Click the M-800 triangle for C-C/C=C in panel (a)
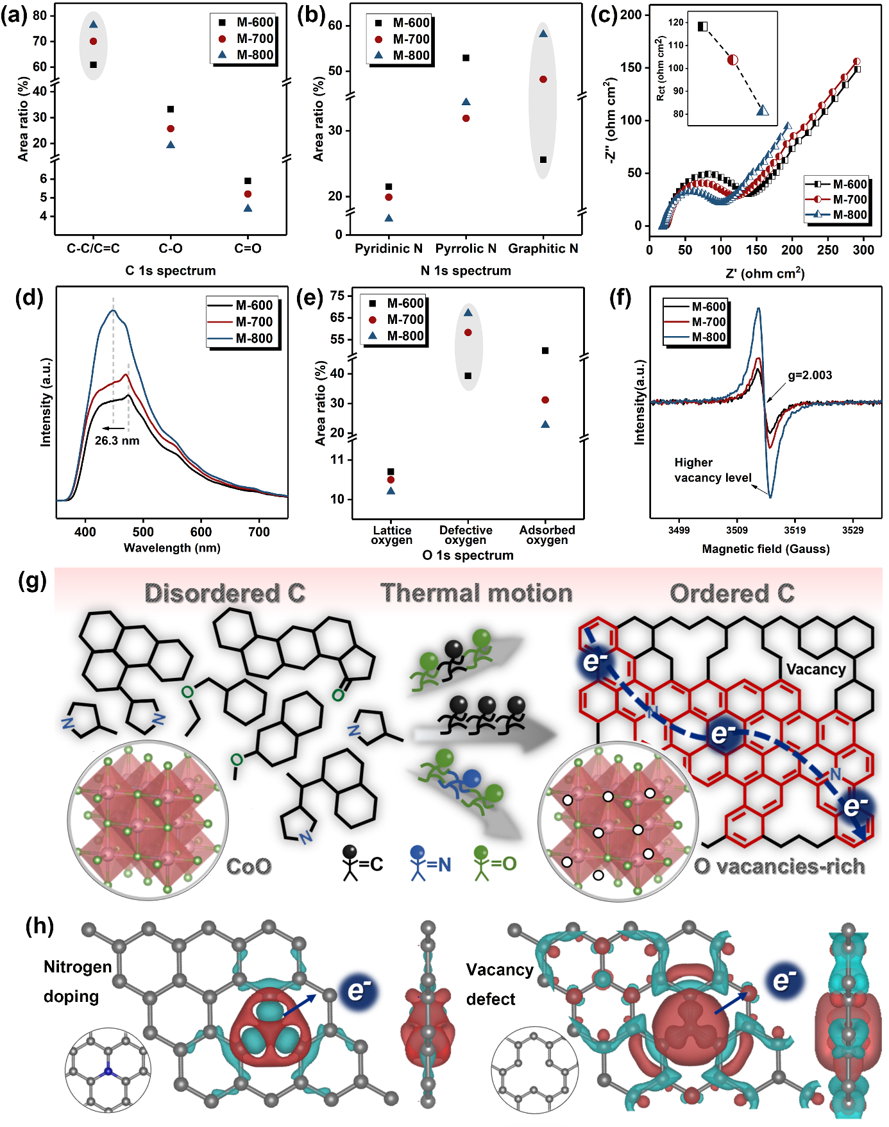pyautogui.click(x=93, y=24)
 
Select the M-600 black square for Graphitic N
pyautogui.click(x=543, y=160)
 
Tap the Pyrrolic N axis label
pyautogui.click(x=466, y=248)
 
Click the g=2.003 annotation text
pyautogui.click(x=809, y=375)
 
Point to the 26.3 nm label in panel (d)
pyautogui.click(x=117, y=441)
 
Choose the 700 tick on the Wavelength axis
pyautogui.click(x=258, y=532)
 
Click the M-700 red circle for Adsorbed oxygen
pyautogui.click(x=545, y=400)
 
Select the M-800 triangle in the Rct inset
pyautogui.click(x=762, y=110)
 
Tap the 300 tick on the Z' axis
pyautogui.click(x=863, y=250)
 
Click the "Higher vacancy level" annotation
pyautogui.click(x=712, y=470)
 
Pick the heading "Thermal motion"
pyautogui.click(x=476, y=593)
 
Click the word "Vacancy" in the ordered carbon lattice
pyautogui.click(x=815, y=670)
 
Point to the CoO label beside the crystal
pyautogui.click(x=249, y=867)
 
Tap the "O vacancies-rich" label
pyautogui.click(x=779, y=867)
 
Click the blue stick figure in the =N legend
pyautogui.click(x=418, y=863)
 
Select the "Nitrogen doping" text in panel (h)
pyautogui.click(x=74, y=981)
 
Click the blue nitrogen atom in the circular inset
pyautogui.click(x=108, y=1072)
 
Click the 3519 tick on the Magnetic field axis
pyautogui.click(x=795, y=530)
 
